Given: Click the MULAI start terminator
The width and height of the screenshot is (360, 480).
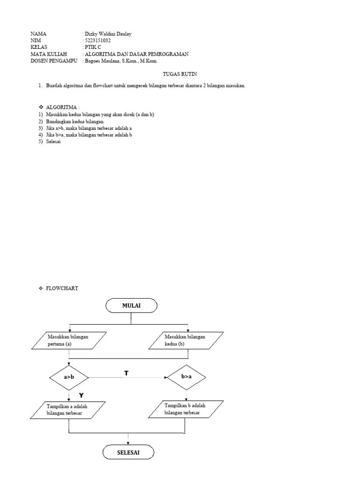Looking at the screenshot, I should click(131, 306).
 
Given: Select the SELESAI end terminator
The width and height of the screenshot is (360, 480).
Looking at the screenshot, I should click(128, 453).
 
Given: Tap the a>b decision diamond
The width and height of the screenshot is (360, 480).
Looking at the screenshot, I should click(69, 377).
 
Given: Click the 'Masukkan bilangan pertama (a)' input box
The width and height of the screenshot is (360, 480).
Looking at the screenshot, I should click(68, 340).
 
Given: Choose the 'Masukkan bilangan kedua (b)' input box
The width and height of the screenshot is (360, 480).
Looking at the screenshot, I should click(186, 340).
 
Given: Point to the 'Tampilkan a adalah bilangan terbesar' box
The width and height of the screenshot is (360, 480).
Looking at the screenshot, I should click(68, 410).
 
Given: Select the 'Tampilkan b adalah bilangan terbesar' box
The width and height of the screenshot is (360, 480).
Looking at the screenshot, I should click(186, 409).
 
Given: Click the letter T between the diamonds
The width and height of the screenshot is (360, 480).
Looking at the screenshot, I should click(126, 373).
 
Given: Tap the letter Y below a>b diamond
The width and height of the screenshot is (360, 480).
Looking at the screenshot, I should click(81, 396).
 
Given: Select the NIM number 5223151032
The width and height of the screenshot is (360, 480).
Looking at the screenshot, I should click(97, 41).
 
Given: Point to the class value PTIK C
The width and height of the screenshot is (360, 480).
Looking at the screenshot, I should click(93, 47).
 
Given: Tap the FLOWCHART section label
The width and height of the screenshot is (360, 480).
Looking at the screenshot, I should click(62, 288).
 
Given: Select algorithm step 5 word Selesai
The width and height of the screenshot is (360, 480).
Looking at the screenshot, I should click(54, 142).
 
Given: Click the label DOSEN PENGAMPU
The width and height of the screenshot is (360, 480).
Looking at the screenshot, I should click(53, 60).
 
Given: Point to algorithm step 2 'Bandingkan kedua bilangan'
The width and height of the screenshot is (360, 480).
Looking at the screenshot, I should click(75, 121).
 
